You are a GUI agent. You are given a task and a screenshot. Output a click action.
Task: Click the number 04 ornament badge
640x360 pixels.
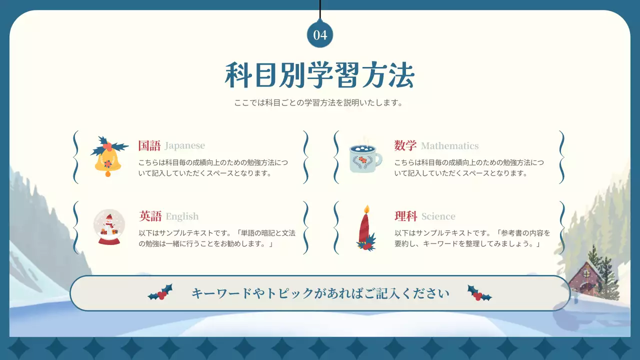(320, 34)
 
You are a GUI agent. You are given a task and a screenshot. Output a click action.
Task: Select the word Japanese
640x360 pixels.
(184, 146)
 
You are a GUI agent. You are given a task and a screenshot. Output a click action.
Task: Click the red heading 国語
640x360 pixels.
(149, 146)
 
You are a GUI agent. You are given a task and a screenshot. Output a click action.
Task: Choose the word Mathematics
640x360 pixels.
(449, 146)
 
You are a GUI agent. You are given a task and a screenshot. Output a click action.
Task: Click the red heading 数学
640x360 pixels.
(405, 146)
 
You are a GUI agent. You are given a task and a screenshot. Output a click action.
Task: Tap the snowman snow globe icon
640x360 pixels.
(109, 227)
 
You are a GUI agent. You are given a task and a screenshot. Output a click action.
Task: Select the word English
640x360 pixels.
(182, 216)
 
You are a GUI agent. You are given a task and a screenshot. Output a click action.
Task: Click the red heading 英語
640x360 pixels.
(150, 216)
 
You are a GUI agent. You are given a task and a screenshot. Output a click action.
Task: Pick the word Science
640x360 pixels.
(438, 216)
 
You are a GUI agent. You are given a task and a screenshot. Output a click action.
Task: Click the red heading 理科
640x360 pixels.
(405, 216)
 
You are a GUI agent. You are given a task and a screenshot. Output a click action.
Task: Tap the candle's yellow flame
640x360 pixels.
(366, 209)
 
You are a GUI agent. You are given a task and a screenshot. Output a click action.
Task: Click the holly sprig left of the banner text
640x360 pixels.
(161, 292)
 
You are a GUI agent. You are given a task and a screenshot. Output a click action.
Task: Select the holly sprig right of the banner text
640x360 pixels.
(479, 293)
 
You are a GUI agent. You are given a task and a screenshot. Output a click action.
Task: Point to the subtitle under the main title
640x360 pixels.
(318, 103)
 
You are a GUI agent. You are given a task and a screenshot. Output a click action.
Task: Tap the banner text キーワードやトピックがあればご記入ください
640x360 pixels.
(320, 293)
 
